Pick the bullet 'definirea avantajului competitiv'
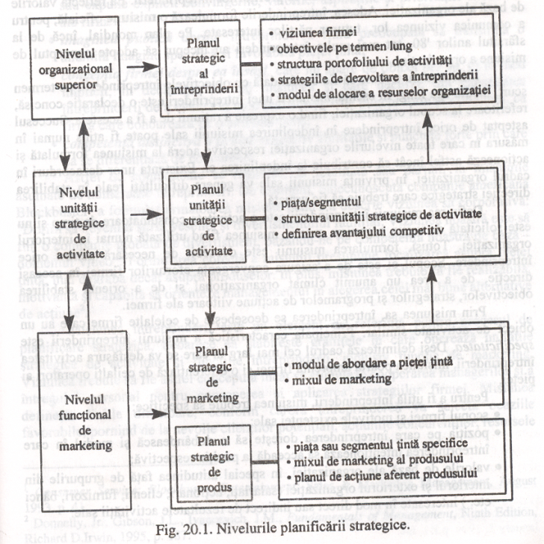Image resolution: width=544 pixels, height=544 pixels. pos(367,232)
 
